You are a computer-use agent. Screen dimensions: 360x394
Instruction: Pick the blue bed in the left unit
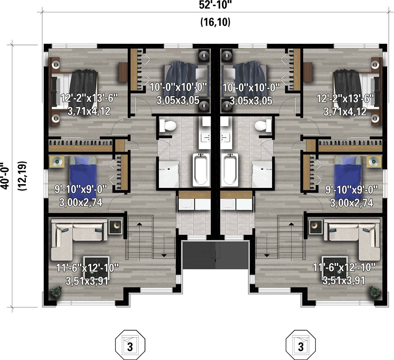point(82,173)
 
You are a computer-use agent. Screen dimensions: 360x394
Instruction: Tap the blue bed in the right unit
point(347,173)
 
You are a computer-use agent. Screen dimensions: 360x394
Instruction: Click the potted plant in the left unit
point(56,292)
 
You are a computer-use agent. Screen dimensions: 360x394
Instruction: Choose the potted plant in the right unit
point(374,292)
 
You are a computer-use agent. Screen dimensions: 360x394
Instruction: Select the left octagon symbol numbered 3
point(130,345)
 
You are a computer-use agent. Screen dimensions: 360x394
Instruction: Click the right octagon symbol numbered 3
point(300,345)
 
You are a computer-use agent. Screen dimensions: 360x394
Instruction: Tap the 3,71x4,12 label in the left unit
point(89,112)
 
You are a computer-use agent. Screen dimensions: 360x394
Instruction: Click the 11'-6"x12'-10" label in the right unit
point(344,267)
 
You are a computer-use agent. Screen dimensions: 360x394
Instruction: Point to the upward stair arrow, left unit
point(139,224)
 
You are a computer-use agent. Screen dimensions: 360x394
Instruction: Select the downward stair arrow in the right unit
point(266,255)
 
